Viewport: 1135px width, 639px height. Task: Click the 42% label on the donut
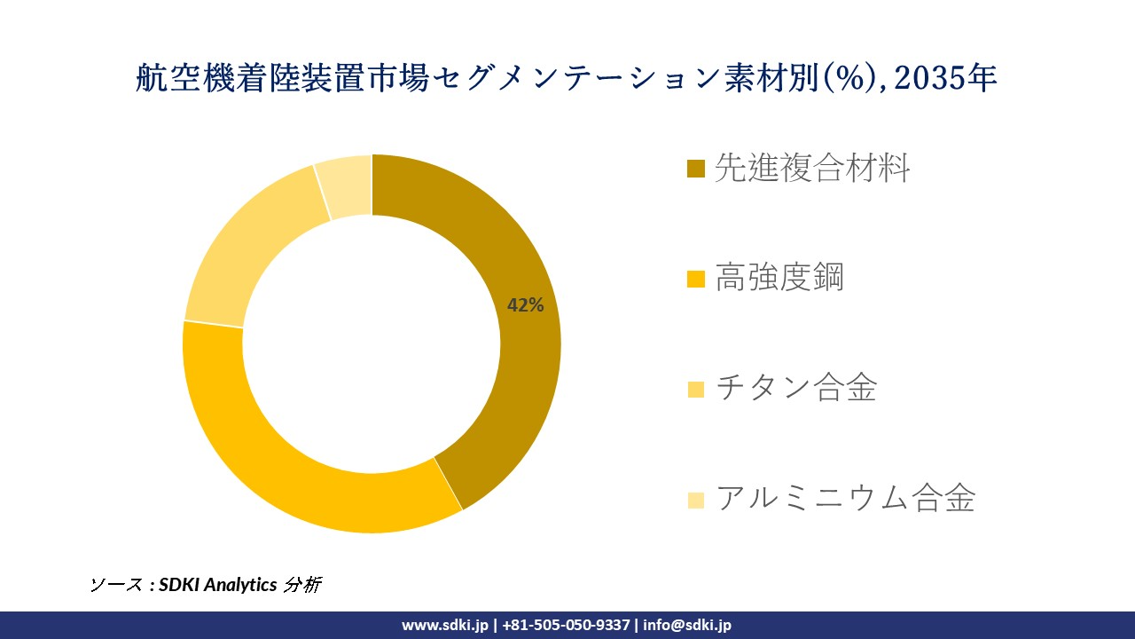525,305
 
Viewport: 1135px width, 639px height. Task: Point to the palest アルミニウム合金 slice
347,187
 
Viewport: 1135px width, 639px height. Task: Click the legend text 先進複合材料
812,168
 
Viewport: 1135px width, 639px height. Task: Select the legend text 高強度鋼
779,278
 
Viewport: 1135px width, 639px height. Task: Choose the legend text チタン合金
795,388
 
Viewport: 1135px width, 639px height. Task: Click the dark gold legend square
696,169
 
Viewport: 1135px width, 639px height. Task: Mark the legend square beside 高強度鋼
696,279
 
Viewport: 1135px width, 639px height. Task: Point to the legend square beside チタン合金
696,389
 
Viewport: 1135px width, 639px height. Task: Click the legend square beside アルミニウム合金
696,499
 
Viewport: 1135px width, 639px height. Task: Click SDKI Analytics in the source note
218,585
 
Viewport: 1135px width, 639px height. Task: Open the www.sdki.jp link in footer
444,625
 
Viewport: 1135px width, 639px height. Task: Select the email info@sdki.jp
687,625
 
